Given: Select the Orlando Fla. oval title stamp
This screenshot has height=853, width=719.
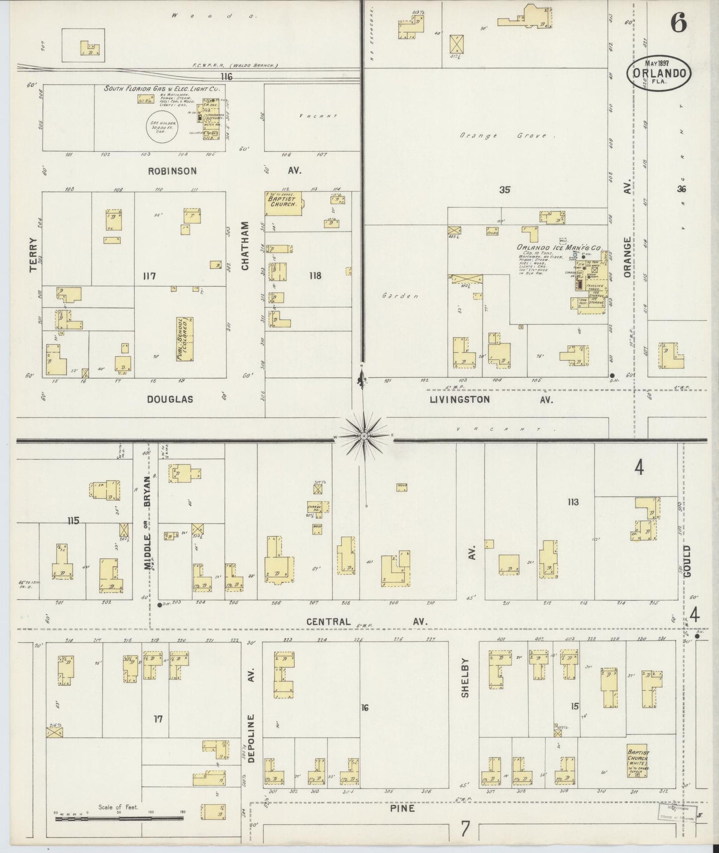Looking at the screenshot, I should [659, 73].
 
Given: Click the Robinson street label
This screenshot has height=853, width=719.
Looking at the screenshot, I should [172, 171].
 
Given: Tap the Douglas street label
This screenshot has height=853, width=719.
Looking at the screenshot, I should [170, 399].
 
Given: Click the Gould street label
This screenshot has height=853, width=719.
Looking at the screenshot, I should [687, 560].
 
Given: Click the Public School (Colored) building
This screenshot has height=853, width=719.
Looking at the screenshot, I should [185, 339].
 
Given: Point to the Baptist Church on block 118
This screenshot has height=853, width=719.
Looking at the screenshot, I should [284, 204].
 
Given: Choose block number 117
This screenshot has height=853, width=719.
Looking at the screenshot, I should [149, 276].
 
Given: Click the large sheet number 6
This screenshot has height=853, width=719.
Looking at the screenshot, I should [678, 22].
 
